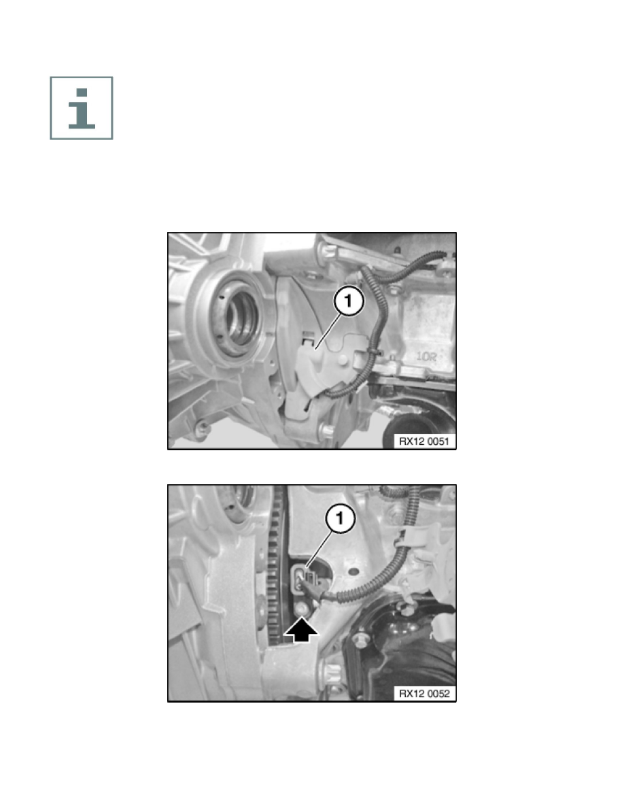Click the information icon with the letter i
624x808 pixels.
click(82, 108)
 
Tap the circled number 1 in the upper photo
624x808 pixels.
click(349, 301)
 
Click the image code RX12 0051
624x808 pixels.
click(423, 441)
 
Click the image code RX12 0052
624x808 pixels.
click(423, 694)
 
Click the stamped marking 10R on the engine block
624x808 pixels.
click(427, 356)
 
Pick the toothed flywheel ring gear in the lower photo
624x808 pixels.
click(277, 567)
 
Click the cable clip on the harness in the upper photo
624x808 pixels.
click(374, 352)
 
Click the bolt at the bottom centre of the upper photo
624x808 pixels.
click(326, 430)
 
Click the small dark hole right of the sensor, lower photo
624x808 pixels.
click(353, 572)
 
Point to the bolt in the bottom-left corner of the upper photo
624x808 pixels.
click(203, 427)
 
